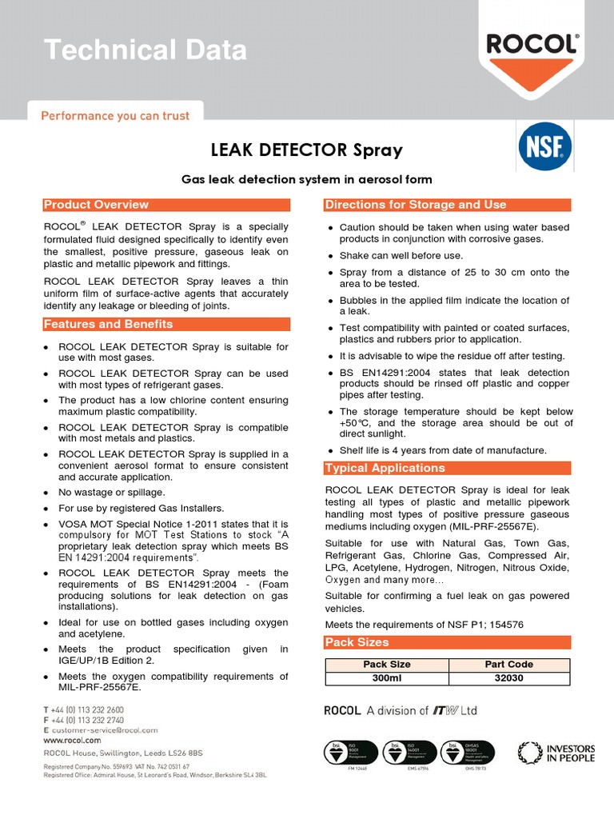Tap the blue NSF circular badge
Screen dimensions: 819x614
click(x=541, y=146)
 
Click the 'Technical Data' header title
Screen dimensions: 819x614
click(x=146, y=50)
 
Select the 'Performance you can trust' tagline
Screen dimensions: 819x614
click(x=115, y=116)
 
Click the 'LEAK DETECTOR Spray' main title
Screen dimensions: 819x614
click(x=306, y=150)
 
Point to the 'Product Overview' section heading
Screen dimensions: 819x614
click(x=96, y=205)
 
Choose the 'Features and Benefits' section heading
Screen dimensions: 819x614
click(x=108, y=324)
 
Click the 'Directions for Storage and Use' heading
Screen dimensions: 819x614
click(x=415, y=205)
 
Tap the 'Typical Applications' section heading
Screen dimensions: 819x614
click(x=385, y=468)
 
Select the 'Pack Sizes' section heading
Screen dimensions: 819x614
click(x=357, y=642)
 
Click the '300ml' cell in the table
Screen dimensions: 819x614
click(x=387, y=678)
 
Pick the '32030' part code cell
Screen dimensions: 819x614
click(x=509, y=678)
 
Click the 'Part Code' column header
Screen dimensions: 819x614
click(x=509, y=665)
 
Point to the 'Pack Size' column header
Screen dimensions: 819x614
click(x=387, y=665)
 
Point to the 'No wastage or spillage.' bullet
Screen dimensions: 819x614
click(x=112, y=493)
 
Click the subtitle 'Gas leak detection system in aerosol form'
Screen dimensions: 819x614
click(x=306, y=179)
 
